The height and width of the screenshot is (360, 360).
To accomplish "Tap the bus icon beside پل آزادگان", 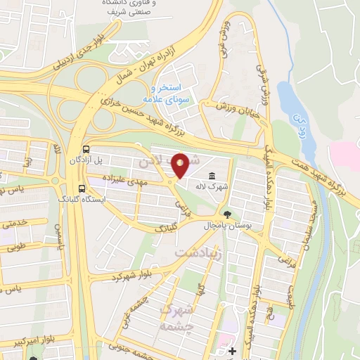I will [86, 150].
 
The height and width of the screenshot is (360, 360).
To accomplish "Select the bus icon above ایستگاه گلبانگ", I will [83, 188].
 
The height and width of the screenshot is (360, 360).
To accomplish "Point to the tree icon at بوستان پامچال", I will [227, 214].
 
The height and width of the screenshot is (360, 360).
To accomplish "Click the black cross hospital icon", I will [233, 350].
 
